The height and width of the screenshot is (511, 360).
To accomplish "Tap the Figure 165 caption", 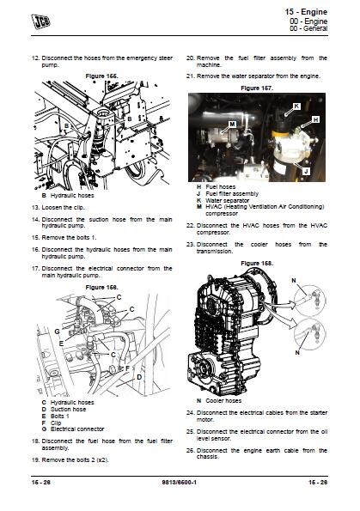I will point(101,76).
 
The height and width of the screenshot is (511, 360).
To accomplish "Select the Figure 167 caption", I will point(257,88).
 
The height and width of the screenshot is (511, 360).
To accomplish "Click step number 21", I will point(190,76).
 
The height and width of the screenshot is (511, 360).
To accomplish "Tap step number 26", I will point(190,449).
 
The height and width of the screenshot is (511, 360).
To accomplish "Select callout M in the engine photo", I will point(233,125).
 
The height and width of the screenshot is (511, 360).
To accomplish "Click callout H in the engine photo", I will point(315,119).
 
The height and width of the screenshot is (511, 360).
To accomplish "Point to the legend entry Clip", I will point(58,421).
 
